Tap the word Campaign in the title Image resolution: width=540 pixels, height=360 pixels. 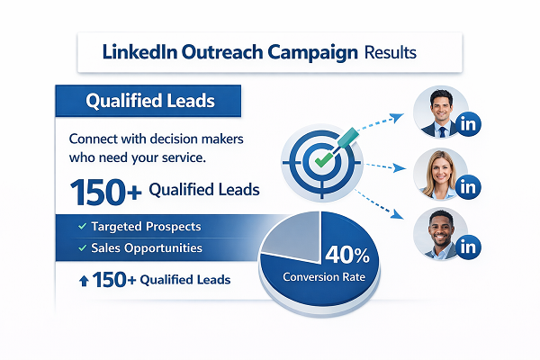click(x=310, y=53)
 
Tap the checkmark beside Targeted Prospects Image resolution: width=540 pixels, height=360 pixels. click(x=83, y=226)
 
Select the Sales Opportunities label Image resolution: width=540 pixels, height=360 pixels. click(x=147, y=247)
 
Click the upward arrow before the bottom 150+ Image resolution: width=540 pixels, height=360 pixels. click(x=85, y=281)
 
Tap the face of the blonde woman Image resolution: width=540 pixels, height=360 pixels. click(x=441, y=175)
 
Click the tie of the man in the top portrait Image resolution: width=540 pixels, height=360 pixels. click(x=441, y=130)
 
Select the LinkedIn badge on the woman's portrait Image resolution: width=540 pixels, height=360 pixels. click(x=466, y=187)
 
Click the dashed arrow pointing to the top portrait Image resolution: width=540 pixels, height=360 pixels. click(x=378, y=126)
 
